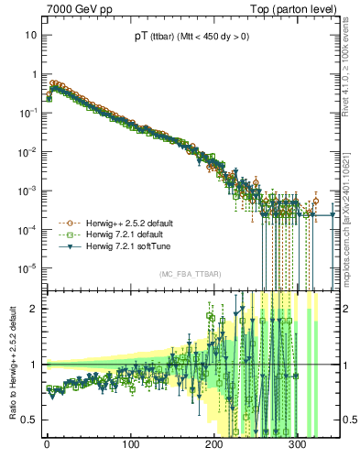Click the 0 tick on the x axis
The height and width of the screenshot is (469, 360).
click(47, 446)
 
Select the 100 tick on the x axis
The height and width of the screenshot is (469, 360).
click(130, 446)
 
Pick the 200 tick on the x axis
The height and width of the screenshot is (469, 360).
click(213, 446)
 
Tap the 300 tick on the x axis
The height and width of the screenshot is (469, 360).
click(297, 446)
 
